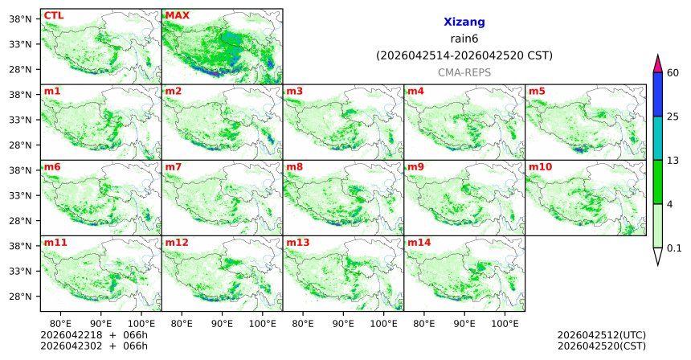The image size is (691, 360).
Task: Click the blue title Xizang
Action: click(464, 22)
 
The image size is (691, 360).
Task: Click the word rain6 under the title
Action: click(464, 39)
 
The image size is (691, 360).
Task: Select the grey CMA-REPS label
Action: click(464, 72)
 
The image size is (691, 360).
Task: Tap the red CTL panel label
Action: click(53, 15)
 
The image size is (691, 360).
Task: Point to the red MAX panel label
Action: click(177, 15)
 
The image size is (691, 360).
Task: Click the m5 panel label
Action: click(537, 91)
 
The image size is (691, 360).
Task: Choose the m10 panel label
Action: click(540, 166)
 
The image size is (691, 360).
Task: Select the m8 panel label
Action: click(294, 166)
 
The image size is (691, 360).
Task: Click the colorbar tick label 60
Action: click(673, 73)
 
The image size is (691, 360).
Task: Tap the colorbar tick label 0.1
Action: click(674, 247)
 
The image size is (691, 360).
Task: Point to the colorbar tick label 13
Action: click(673, 160)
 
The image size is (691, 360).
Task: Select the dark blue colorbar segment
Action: click(657, 94)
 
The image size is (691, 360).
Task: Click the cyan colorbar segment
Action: click(657, 137)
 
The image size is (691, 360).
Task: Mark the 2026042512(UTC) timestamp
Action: click(601, 334)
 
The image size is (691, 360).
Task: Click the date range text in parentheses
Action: click(464, 55)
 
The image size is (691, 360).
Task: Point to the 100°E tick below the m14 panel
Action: click(505, 323)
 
